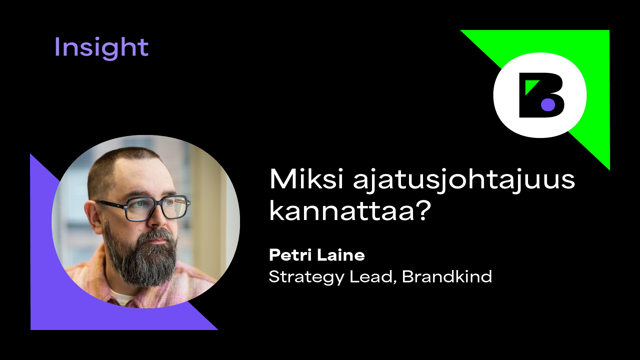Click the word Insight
pos(101,47)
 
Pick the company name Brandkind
pos(447,276)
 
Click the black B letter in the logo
pos(542,95)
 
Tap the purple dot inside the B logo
pos(548,104)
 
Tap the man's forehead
pos(147,180)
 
